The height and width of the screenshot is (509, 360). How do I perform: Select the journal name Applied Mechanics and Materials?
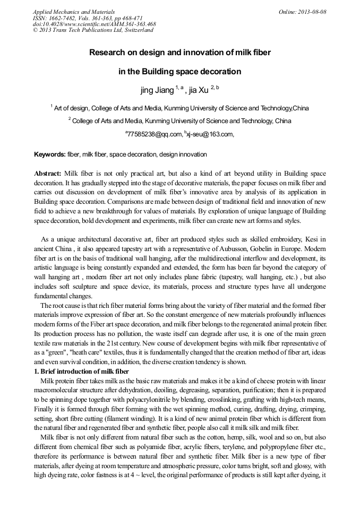[x=74, y=11]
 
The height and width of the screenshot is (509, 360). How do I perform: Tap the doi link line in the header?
[x=94, y=24]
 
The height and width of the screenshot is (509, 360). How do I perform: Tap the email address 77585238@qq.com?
[x=154, y=134]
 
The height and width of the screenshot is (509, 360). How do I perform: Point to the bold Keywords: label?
[x=50, y=154]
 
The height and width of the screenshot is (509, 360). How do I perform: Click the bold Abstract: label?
[x=48, y=174]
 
